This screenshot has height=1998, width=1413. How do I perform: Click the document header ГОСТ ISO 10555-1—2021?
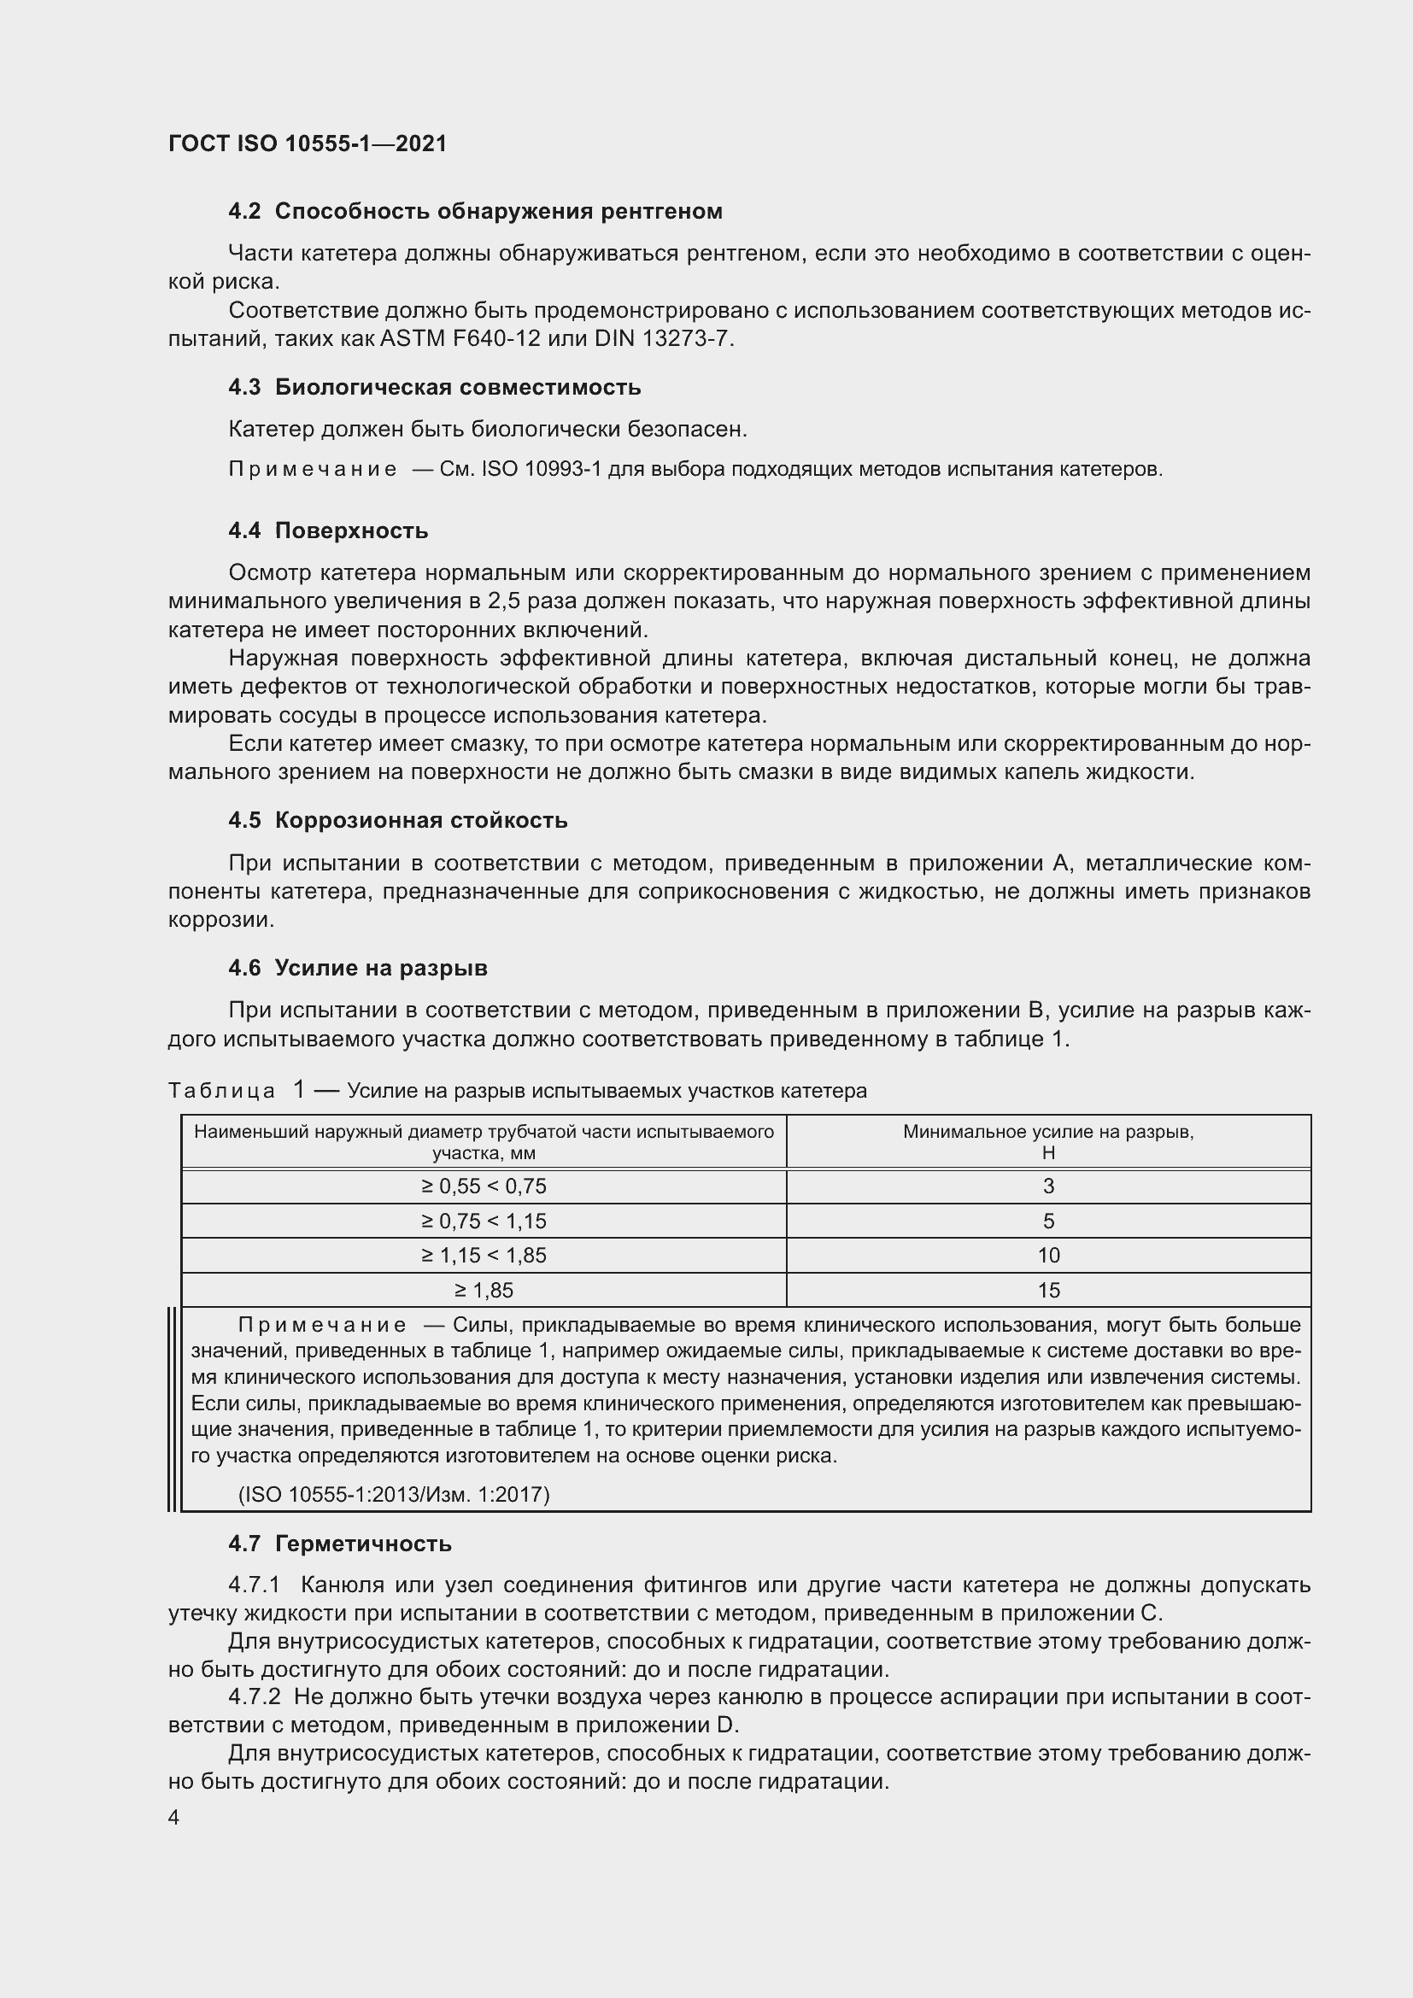click(x=308, y=144)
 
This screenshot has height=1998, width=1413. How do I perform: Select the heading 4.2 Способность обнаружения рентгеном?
click(x=475, y=212)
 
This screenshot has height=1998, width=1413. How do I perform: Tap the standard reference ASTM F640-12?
click(x=460, y=338)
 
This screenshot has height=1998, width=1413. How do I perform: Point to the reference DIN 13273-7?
click(x=663, y=338)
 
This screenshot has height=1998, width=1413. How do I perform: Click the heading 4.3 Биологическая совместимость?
click(x=434, y=387)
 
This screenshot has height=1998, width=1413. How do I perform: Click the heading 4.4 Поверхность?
click(x=328, y=530)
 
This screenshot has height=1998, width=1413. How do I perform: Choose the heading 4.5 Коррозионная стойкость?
click(x=397, y=821)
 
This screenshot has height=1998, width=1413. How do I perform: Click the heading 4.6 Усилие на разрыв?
click(x=358, y=968)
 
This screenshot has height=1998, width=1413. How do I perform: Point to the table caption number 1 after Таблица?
click(x=299, y=1089)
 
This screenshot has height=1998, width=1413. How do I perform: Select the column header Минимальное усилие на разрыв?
click(x=1047, y=1132)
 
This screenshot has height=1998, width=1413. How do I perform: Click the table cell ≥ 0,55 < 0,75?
click(x=484, y=1186)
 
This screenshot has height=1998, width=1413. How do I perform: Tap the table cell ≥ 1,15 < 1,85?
click(x=484, y=1256)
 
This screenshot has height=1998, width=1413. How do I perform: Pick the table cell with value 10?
click(x=1048, y=1256)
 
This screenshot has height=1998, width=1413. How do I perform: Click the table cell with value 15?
click(x=1048, y=1291)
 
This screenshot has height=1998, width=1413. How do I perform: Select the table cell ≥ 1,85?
click(x=484, y=1291)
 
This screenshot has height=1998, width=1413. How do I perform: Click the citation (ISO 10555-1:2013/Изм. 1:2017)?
click(x=394, y=1495)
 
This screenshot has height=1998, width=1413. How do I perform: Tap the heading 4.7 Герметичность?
click(x=339, y=1544)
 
